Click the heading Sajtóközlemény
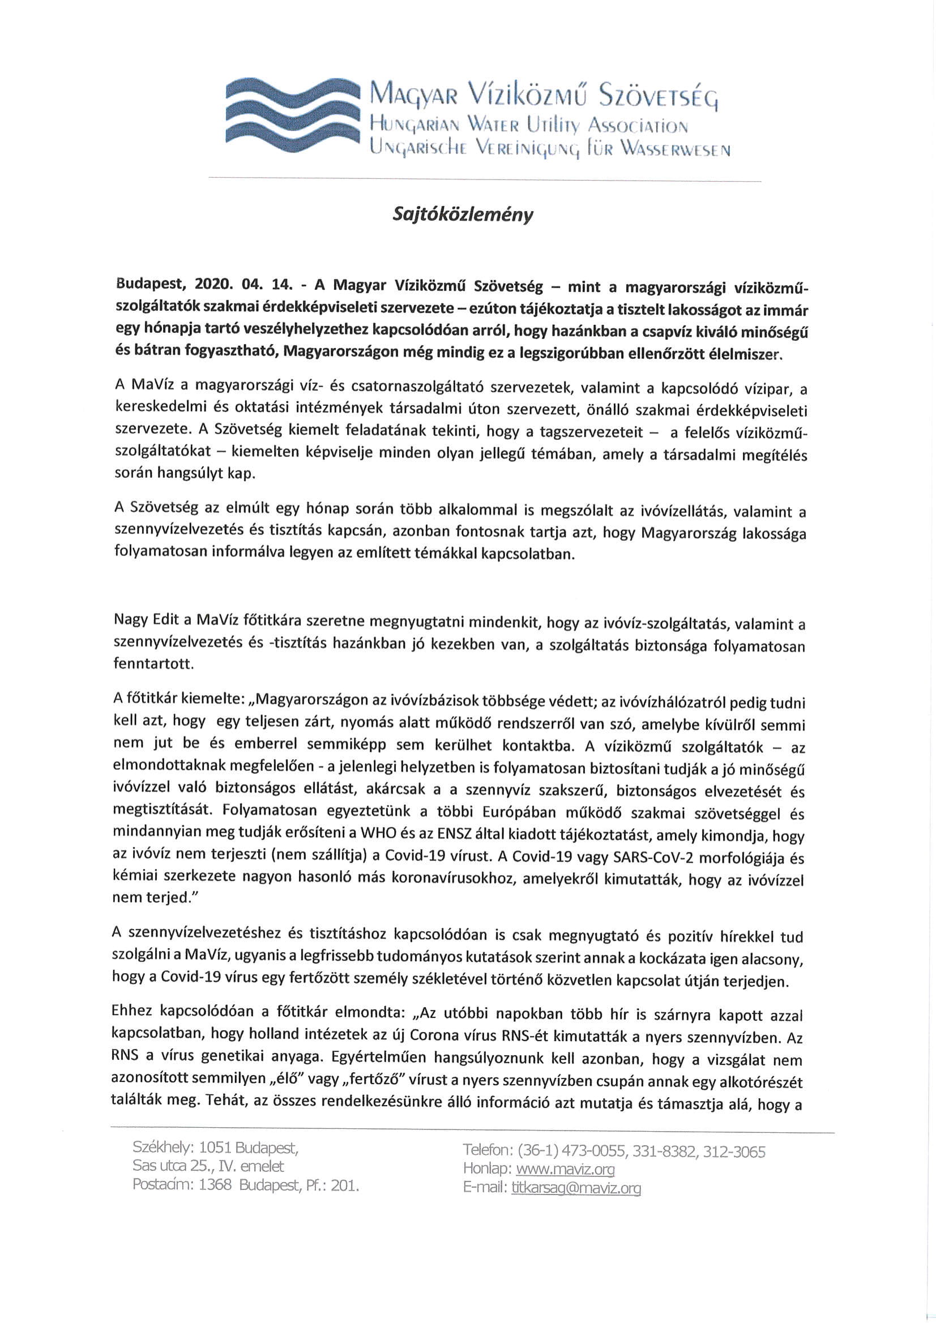pyautogui.click(x=463, y=215)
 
